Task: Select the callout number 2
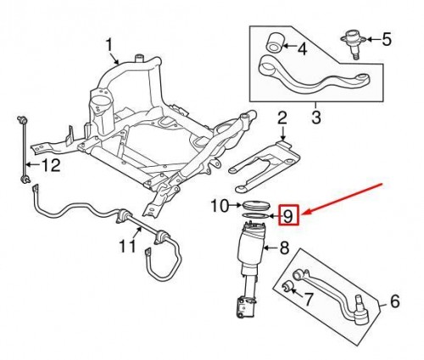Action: [282, 119]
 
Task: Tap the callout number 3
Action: [316, 117]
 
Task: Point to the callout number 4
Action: [302, 49]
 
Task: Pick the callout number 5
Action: [387, 39]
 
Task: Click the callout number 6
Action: [394, 301]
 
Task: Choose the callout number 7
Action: [308, 299]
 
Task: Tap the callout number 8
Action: [284, 248]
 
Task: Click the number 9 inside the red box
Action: [288, 217]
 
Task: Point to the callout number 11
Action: [127, 246]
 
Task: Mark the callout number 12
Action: [52, 165]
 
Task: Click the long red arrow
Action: [344, 198]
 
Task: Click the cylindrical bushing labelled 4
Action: [274, 43]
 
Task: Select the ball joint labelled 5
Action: [354, 43]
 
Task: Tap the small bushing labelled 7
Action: [288, 286]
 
